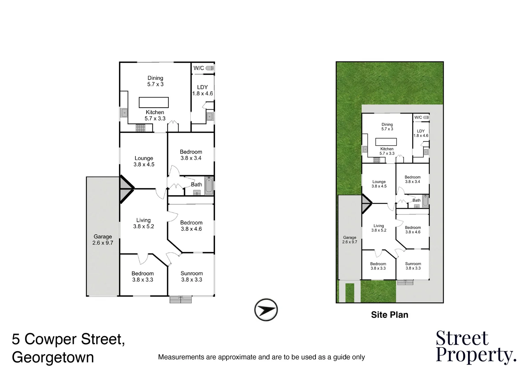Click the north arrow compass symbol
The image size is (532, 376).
coord(266,310)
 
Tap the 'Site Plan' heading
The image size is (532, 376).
coord(389,315)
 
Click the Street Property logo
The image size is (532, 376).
coord(475,347)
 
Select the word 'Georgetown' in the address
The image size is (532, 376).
coord(53,358)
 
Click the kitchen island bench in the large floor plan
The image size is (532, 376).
coord(154,102)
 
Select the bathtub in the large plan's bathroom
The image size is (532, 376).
coord(209,186)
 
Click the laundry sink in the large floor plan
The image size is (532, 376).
coord(209,117)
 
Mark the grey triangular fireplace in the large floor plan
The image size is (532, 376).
coord(125,189)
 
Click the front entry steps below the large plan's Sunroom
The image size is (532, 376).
coord(181,299)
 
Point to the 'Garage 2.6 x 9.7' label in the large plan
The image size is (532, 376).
coord(103,240)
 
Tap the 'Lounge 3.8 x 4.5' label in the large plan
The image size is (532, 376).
coord(144,161)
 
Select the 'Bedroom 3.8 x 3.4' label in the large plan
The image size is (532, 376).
coord(191,155)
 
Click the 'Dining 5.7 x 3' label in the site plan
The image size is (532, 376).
coord(387,127)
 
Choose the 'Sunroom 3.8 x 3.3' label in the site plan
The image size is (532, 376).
coord(413,266)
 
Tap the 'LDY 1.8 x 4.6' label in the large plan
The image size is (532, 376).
coord(203,91)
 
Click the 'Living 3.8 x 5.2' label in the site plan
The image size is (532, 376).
coord(379,228)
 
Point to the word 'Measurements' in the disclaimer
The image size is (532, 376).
coord(181,357)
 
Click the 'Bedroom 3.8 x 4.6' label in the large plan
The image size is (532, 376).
coord(191,226)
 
